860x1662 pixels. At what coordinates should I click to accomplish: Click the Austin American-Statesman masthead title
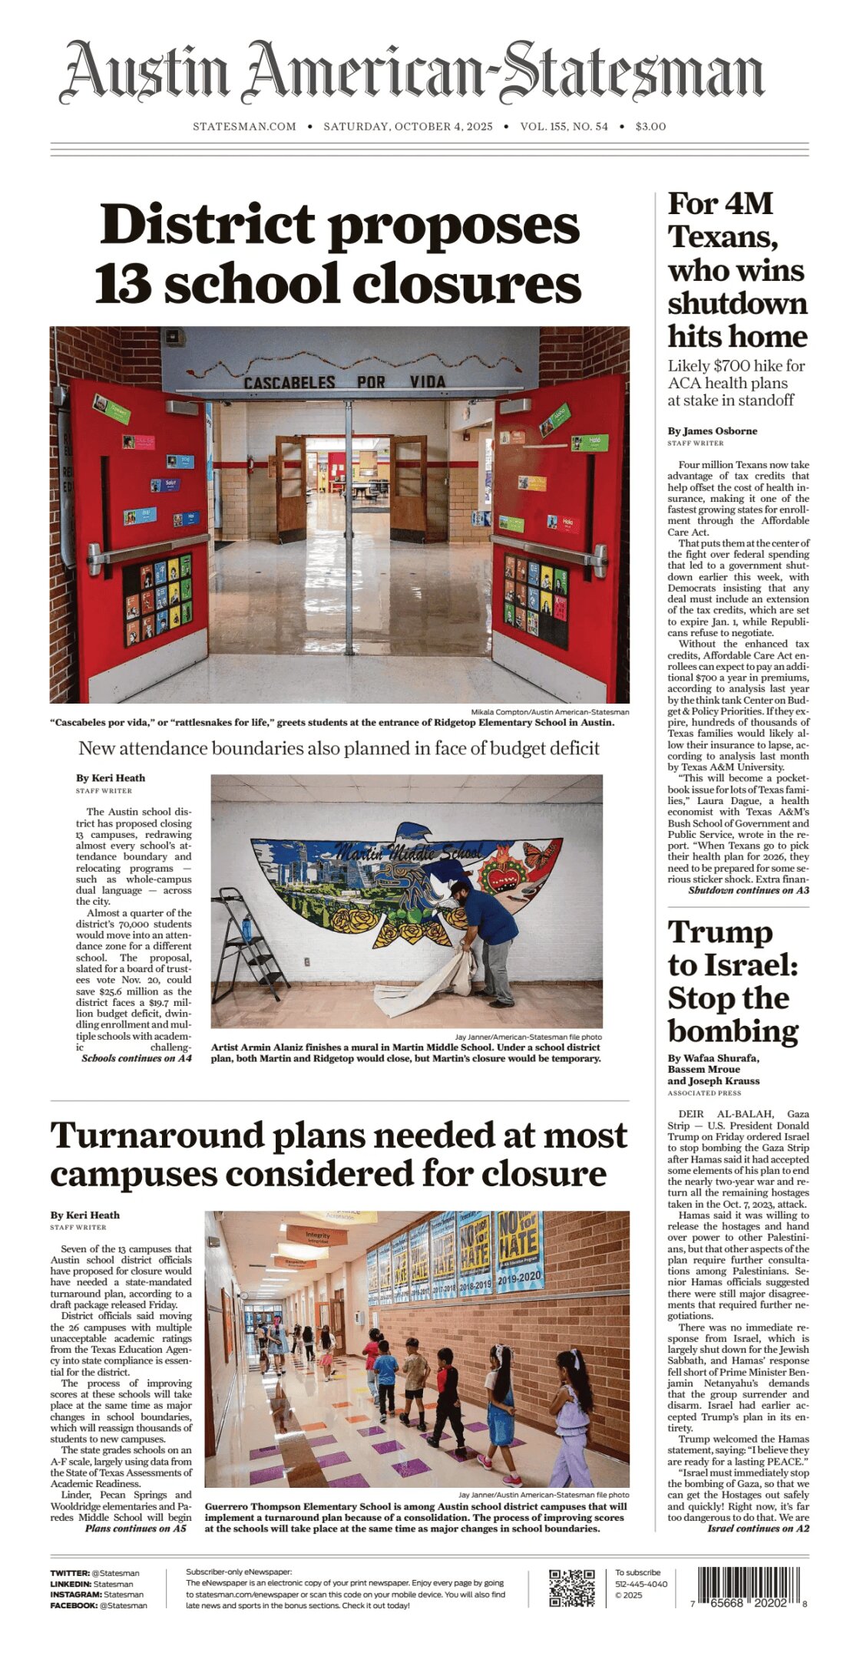[x=412, y=73]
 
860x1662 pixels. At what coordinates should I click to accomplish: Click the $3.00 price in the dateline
[x=650, y=127]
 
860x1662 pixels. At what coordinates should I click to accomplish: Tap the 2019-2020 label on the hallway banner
[x=519, y=1278]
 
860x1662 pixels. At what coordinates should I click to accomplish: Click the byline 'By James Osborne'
[x=712, y=431]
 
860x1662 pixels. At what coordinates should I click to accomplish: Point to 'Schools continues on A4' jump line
[x=136, y=1058]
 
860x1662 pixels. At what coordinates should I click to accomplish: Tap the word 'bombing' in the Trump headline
[x=733, y=1031]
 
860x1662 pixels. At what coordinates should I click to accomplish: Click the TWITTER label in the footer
[x=69, y=1573]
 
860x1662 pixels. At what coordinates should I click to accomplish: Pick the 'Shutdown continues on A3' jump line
[x=748, y=890]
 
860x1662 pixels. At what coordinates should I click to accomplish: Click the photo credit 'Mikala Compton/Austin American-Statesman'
[x=550, y=712]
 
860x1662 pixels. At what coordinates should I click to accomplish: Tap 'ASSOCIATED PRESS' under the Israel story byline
[x=704, y=1093]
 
